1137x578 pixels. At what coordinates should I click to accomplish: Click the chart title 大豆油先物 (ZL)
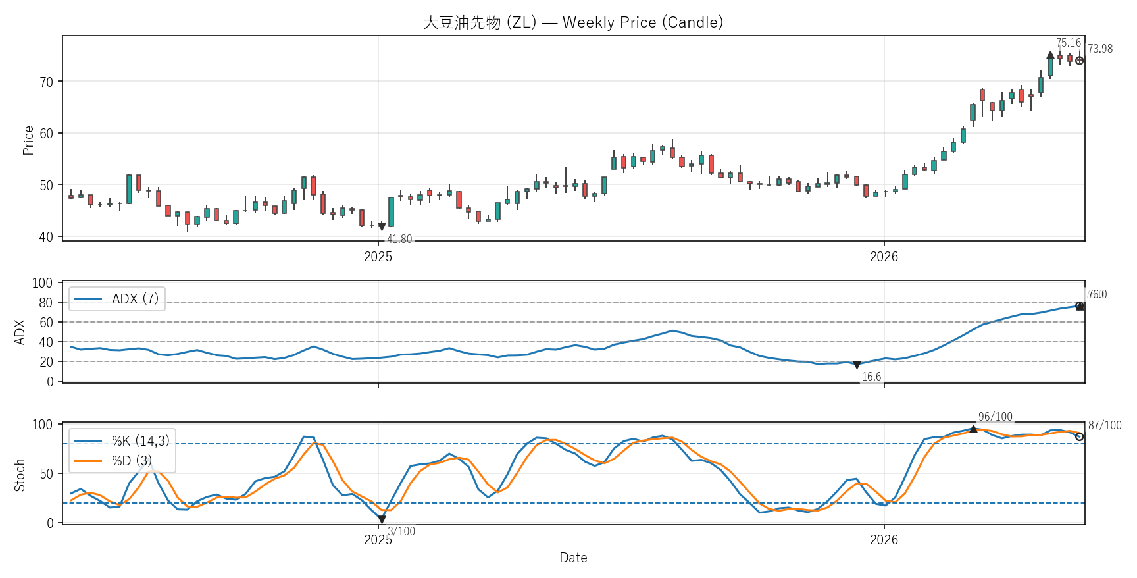(480, 22)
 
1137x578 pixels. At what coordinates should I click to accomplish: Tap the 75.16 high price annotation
(1069, 43)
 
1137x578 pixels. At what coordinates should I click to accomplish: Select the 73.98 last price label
(1100, 49)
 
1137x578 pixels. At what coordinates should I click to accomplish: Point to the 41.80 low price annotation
(399, 239)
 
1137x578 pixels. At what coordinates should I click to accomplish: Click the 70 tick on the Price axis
(47, 82)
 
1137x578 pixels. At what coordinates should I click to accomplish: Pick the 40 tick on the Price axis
(47, 237)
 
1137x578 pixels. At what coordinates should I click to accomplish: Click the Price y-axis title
(28, 140)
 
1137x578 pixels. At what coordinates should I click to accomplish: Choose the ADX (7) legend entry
(117, 299)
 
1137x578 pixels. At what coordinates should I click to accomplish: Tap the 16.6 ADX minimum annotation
(872, 377)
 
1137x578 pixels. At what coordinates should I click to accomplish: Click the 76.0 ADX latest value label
(1098, 294)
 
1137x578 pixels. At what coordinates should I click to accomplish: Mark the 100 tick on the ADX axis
(43, 283)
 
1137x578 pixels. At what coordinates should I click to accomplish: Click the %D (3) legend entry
(113, 461)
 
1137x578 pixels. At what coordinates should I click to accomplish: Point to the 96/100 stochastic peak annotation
(996, 417)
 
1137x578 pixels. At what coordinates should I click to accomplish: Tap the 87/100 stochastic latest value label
(1105, 425)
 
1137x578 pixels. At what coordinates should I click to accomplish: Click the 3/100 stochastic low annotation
(401, 531)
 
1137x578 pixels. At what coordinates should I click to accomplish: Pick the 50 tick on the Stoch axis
(47, 474)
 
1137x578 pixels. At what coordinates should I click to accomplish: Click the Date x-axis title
(574, 558)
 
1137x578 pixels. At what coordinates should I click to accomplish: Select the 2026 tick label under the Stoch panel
(884, 540)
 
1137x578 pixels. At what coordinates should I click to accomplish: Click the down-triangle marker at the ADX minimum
(857, 365)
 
